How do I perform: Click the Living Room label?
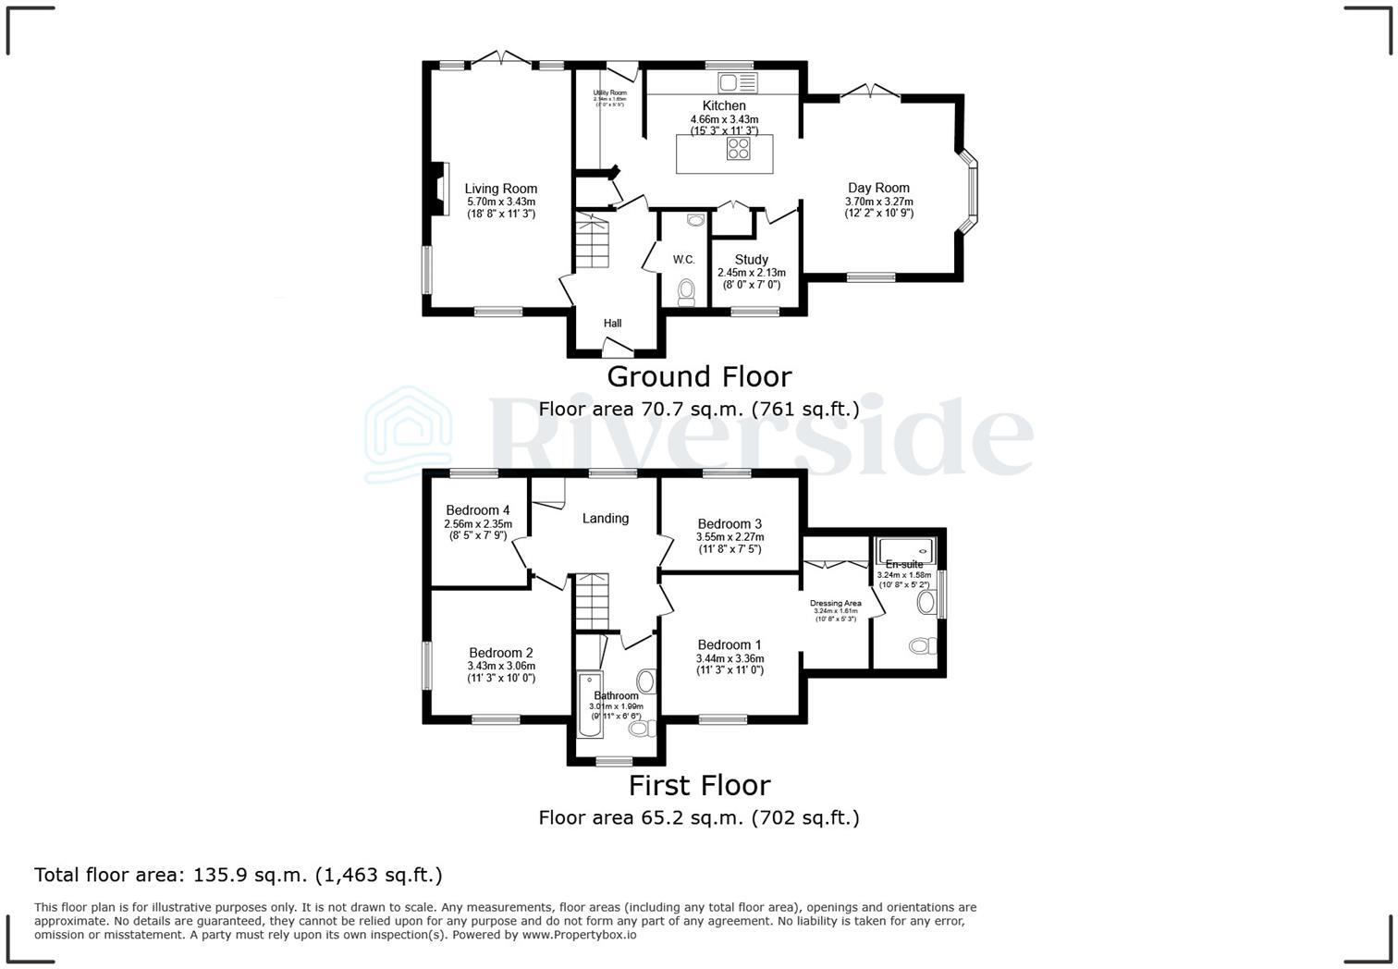500,189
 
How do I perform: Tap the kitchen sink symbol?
737,83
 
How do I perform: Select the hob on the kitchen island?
738,149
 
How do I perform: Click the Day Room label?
878,188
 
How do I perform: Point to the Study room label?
751,260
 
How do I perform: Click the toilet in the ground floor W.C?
686,292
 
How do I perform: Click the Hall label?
612,324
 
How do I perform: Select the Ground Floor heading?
699,377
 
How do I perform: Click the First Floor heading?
699,786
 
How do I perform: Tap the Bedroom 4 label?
477,510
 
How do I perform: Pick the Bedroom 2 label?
500,653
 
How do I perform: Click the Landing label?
605,519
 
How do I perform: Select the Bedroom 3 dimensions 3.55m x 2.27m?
730,537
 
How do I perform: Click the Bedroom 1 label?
730,645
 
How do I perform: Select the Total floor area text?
238,875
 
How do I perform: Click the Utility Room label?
609,93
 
